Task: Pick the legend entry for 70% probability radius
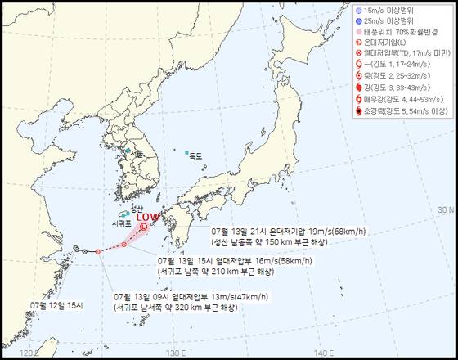point(397,31)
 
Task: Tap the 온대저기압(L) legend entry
point(392,43)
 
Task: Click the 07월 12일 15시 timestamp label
point(57,304)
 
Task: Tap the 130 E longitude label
point(172,352)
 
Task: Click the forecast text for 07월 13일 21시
point(286,236)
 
